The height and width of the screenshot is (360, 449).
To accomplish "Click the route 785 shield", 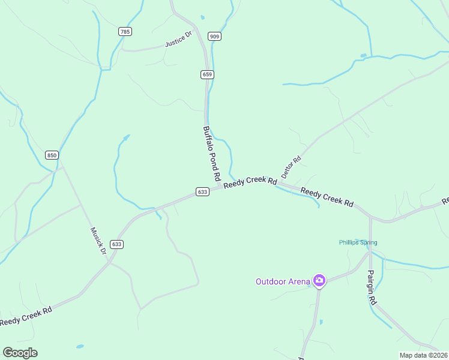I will [124, 32].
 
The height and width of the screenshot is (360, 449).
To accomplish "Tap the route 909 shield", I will [214, 37].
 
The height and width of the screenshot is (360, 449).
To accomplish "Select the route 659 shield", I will [207, 74].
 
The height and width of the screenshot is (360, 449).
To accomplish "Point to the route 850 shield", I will [52, 155].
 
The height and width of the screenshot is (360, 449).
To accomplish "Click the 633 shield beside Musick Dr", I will [116, 244].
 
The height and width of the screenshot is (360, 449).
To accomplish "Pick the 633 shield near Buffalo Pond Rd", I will [202, 192].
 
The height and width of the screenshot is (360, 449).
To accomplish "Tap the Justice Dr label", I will [178, 40].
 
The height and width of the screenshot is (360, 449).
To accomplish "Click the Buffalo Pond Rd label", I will [212, 154].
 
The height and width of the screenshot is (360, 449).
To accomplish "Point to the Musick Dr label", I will [98, 240].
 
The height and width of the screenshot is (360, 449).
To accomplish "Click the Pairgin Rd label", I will [371, 287].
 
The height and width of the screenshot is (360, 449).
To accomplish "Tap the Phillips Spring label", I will [358, 242].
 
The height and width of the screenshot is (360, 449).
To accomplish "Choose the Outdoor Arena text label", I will [283, 281].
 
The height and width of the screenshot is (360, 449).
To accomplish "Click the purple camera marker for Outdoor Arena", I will [319, 280].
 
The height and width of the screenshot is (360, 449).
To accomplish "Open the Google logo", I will [20, 353].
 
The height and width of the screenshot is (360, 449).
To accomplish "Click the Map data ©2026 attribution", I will [424, 355].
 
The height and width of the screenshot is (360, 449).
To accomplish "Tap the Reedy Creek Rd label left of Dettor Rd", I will [250, 182].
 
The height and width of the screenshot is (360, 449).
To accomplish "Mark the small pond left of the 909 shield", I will [202, 17].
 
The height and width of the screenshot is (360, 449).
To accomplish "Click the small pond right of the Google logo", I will [79, 346].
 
